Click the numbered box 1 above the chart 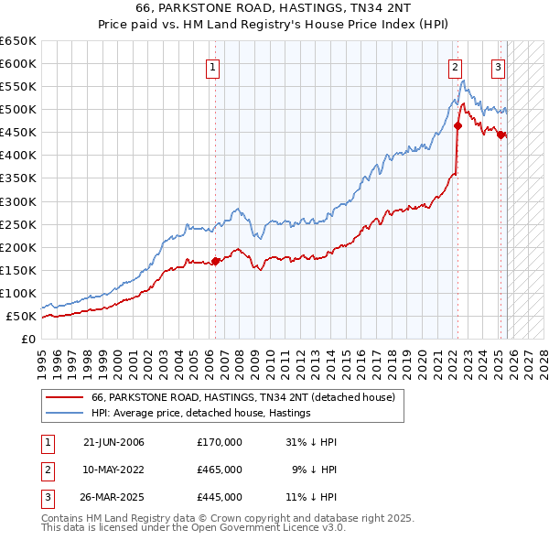click(212, 66)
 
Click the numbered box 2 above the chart click(455, 66)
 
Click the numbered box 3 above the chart click(499, 66)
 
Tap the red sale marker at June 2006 click(216, 261)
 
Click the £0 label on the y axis click(28, 339)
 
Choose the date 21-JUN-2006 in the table click(113, 442)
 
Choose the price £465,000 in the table click(220, 470)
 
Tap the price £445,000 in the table click(220, 497)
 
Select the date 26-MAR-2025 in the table click(113, 497)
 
